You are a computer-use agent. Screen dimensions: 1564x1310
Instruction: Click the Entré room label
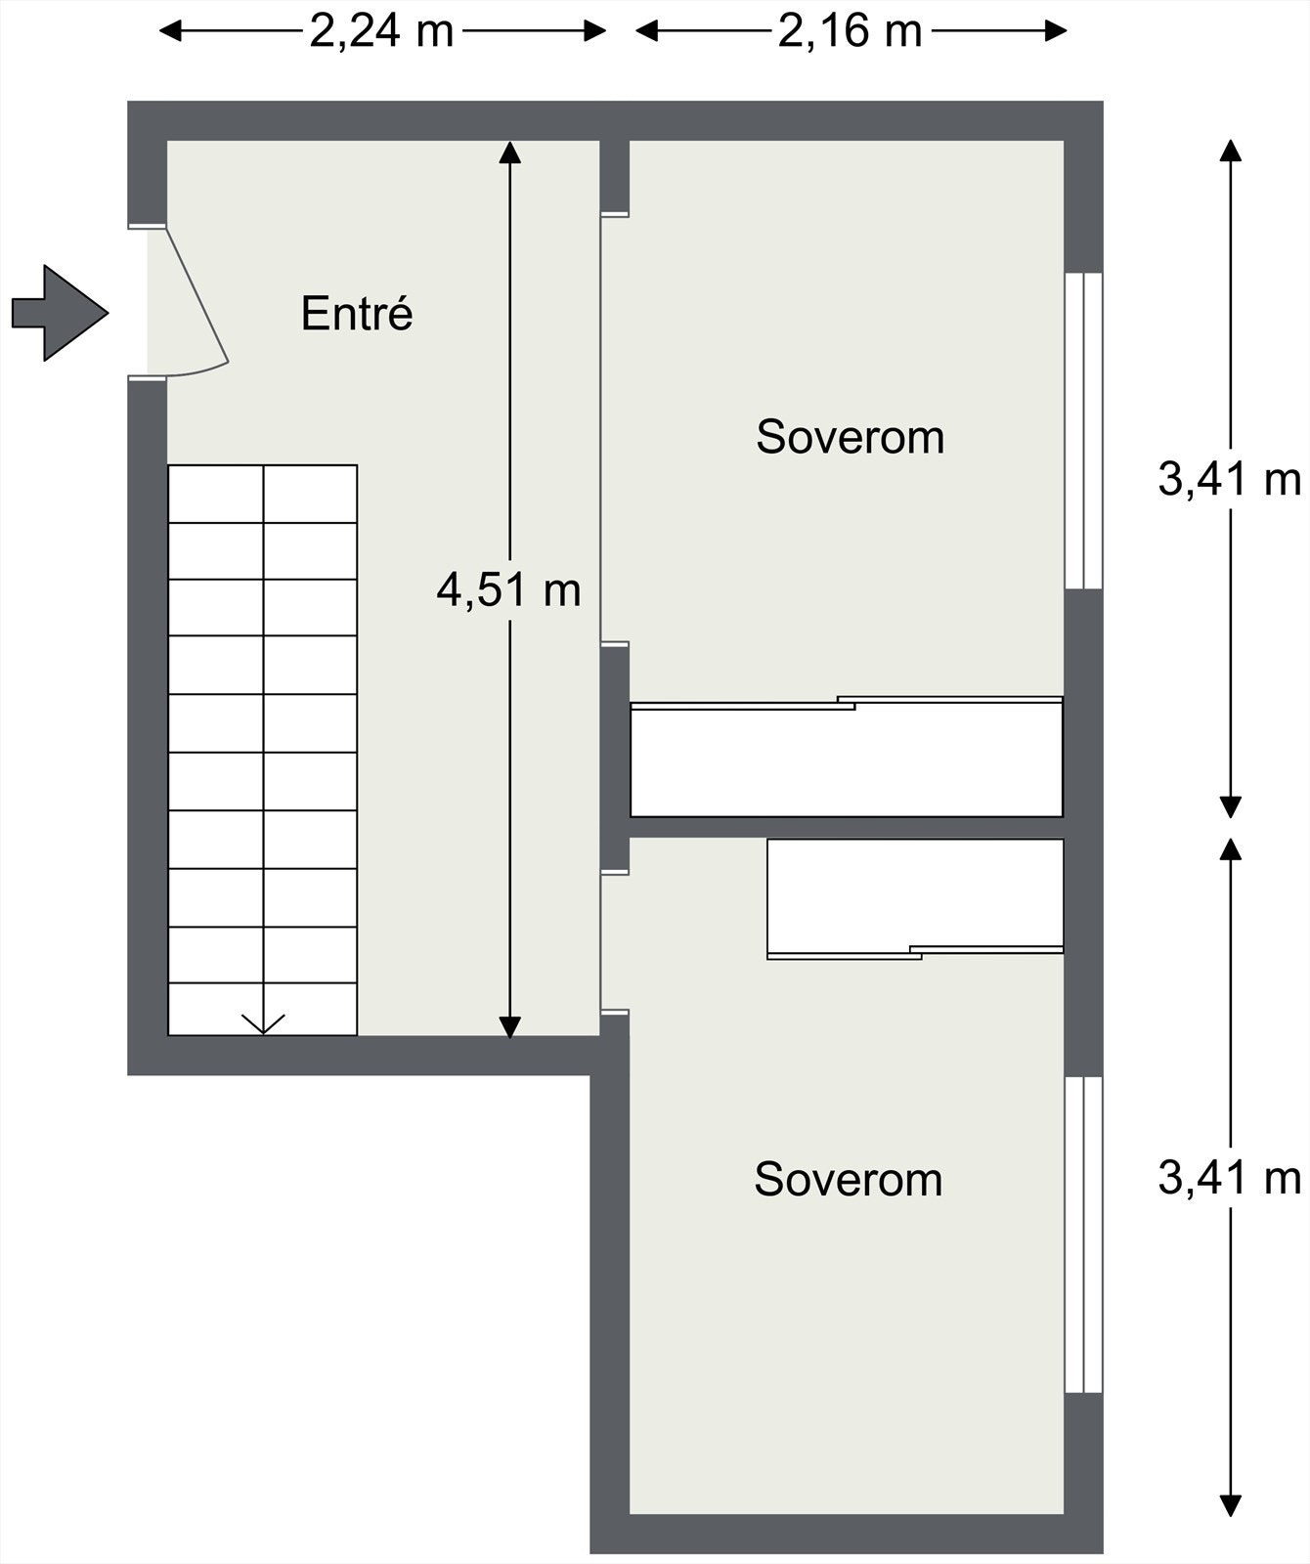pyautogui.click(x=357, y=314)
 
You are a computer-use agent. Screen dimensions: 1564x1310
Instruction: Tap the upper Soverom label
pyautogui.click(x=850, y=437)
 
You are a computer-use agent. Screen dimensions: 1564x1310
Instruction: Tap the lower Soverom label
pyautogui.click(x=848, y=1180)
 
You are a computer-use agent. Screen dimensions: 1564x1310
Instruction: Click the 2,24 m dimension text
pyautogui.click(x=381, y=31)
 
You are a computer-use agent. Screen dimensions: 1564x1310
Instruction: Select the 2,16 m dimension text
pyautogui.click(x=850, y=31)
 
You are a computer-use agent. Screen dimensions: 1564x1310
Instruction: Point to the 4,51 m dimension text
pyautogui.click(x=508, y=590)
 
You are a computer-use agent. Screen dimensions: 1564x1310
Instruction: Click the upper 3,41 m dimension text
pyautogui.click(x=1229, y=480)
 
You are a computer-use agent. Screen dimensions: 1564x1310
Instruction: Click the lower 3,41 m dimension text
pyautogui.click(x=1229, y=1178)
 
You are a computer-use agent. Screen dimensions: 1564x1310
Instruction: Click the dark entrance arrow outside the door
pyautogui.click(x=59, y=313)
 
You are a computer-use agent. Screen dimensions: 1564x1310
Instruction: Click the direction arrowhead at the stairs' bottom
pyautogui.click(x=263, y=1023)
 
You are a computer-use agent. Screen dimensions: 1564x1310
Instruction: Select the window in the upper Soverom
pyautogui.click(x=1083, y=430)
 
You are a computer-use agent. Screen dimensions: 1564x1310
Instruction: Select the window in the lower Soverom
pyautogui.click(x=1083, y=1234)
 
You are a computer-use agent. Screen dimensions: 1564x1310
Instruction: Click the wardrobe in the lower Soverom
pyautogui.click(x=915, y=895)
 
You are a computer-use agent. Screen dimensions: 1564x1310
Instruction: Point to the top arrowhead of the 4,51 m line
pyautogui.click(x=509, y=152)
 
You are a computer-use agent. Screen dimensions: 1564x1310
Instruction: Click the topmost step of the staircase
pyautogui.click(x=262, y=494)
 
